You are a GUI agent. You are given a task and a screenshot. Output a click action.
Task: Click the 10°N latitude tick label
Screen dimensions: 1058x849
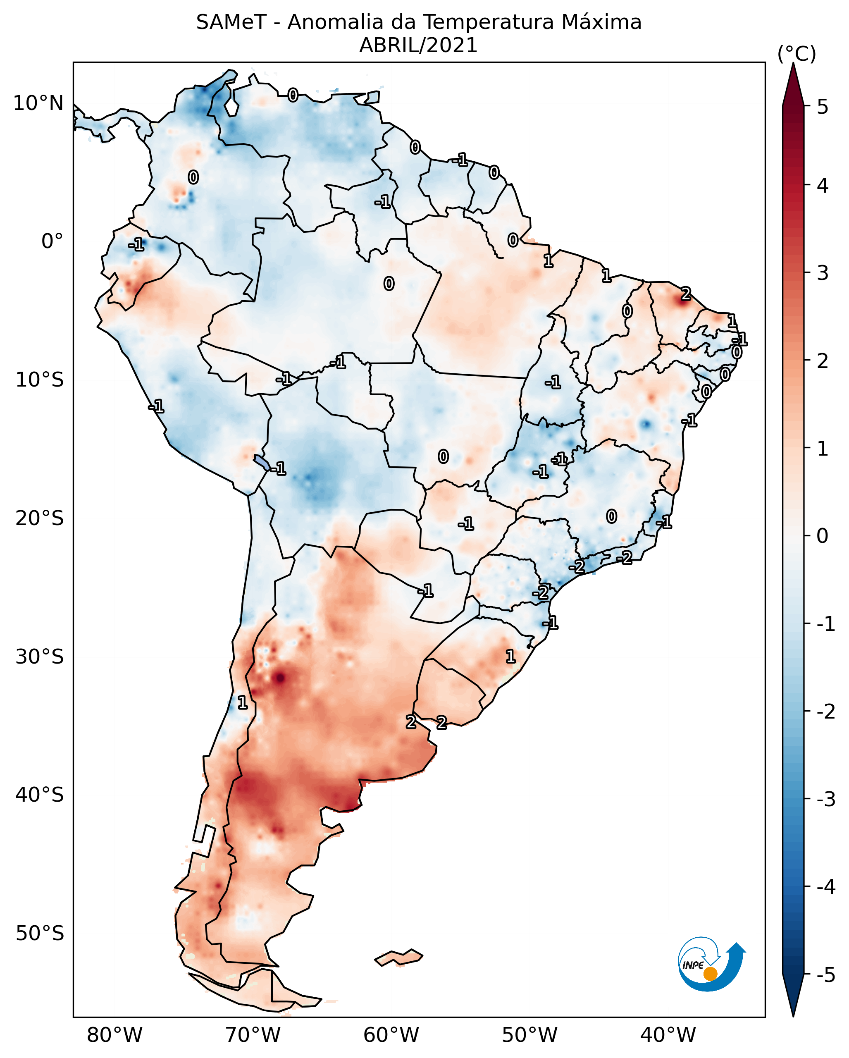click(38, 103)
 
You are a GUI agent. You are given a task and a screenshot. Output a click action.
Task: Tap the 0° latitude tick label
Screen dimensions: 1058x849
click(52, 241)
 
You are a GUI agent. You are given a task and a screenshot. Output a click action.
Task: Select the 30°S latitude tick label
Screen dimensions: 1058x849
click(39, 657)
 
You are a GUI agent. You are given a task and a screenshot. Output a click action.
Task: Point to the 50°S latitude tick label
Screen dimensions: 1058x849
click(39, 934)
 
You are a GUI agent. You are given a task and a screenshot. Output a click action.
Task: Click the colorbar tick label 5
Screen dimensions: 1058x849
click(823, 107)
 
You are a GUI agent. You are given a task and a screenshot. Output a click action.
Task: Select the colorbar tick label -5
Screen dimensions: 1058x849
click(825, 975)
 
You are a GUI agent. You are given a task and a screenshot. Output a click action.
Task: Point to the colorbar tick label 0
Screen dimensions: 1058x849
click(823, 536)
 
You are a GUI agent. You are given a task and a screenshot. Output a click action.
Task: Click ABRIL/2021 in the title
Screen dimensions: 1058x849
click(418, 45)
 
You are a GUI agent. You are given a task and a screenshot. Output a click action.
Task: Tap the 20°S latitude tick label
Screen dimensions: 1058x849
click(39, 518)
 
